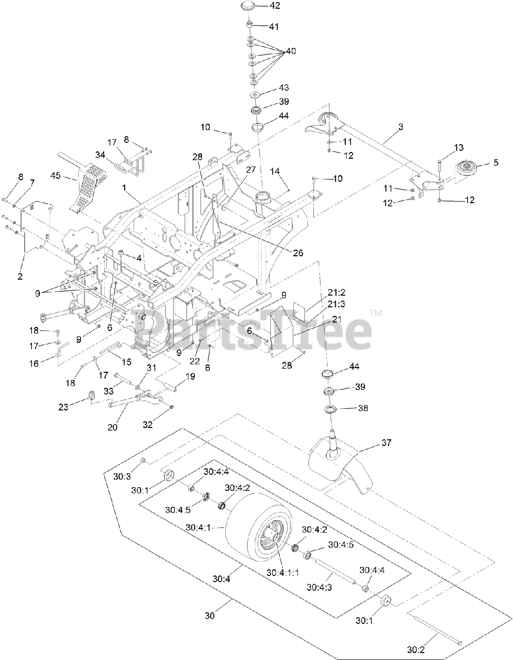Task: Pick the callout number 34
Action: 100,154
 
